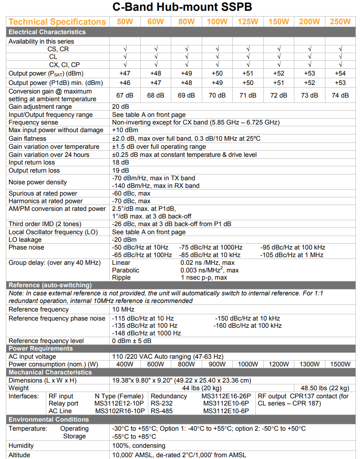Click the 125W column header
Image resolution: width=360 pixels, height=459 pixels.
click(248, 22)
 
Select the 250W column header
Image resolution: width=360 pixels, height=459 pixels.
click(340, 22)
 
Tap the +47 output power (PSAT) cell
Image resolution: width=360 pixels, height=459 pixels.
click(124, 73)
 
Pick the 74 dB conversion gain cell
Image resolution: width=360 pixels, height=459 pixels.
click(340, 95)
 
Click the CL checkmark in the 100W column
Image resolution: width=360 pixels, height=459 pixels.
click(217, 57)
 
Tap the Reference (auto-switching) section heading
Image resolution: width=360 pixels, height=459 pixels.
click(50, 285)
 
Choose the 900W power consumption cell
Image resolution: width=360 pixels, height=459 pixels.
click(217, 365)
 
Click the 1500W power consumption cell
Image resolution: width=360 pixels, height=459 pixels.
click(340, 365)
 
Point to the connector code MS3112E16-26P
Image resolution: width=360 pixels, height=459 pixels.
click(227, 396)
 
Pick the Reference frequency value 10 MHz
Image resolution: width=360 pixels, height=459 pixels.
click(123, 309)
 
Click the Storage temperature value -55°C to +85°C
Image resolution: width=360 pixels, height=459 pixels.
click(134, 436)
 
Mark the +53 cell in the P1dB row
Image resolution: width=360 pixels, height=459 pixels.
click(340, 83)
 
